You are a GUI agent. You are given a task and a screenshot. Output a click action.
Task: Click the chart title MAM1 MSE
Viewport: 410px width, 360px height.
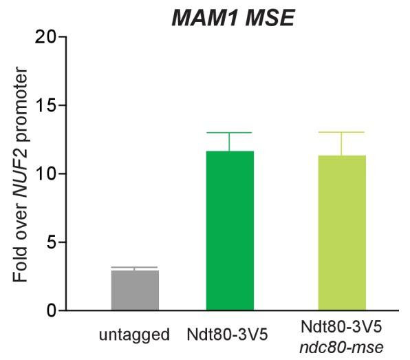(233, 17)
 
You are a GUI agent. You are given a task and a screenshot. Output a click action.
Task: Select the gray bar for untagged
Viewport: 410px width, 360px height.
(135, 290)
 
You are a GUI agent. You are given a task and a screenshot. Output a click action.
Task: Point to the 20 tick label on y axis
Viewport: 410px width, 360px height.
(46, 36)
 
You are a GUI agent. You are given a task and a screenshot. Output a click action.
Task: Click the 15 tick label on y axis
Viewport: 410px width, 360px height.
(46, 105)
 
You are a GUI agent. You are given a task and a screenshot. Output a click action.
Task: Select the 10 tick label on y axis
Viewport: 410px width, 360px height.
(46, 173)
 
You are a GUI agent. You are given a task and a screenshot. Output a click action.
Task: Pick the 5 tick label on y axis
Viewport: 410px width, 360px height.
(51, 242)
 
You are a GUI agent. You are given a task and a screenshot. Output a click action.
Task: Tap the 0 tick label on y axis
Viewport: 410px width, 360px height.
(51, 310)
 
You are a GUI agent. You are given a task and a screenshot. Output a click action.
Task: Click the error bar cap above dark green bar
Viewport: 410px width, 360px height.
(228, 133)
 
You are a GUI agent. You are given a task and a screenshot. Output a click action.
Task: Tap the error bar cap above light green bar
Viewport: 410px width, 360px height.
(341, 132)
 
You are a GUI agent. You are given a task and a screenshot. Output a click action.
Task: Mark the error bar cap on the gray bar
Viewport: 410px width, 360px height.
(135, 267)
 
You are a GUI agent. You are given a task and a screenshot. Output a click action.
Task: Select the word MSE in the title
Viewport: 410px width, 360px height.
(270, 17)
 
